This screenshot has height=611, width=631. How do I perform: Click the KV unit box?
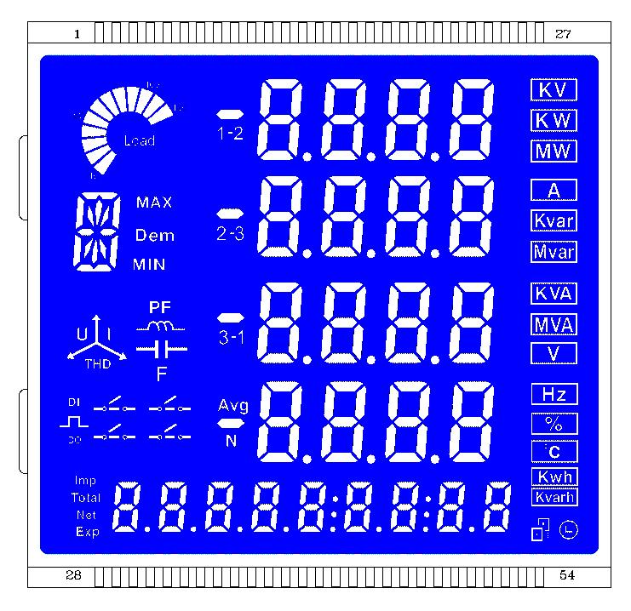pos(554,90)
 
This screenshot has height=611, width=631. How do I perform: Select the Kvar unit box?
pos(554,221)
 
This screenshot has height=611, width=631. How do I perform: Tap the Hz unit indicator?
pos(554,394)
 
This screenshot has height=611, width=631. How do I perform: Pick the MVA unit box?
pos(554,324)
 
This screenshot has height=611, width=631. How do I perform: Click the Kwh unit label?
pos(554,477)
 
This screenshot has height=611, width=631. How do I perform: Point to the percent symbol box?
pos(554,423)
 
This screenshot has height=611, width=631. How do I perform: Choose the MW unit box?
pos(554,151)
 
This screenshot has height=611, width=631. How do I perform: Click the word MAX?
pos(154,203)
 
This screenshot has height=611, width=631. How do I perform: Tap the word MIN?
pos(149,264)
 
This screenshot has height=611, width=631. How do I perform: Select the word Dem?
pos(154,235)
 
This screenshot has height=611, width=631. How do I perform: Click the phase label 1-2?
pos(230,134)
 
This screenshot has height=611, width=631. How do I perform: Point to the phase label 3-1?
pos(230,338)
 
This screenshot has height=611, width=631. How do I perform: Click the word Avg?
pos(232,405)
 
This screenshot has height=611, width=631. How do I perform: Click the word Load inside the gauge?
pos(139,140)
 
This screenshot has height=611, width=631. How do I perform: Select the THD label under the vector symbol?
pos(95,363)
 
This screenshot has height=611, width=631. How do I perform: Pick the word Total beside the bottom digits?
pos(86,498)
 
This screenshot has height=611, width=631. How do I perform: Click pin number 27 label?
pos(563,34)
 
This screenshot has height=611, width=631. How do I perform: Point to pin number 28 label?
pos(74,576)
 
